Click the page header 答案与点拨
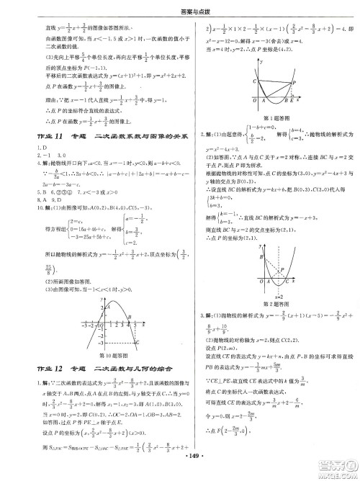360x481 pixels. (x=180, y=9)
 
